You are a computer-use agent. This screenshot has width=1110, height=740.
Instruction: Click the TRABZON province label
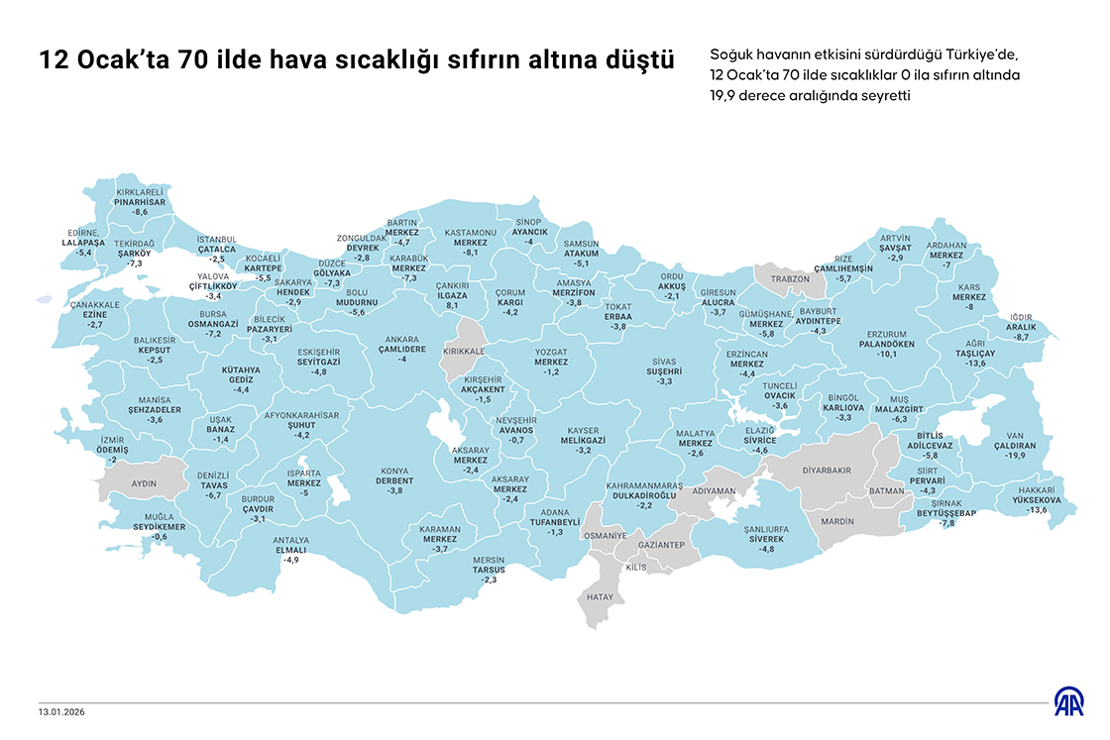(x=790, y=278)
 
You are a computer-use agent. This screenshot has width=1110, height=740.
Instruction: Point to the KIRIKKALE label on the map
(x=463, y=351)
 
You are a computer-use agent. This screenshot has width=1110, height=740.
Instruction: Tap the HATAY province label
(x=601, y=597)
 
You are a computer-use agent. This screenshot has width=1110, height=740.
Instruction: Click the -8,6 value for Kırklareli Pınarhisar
(x=140, y=212)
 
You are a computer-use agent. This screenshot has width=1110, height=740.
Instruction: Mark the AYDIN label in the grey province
(x=145, y=482)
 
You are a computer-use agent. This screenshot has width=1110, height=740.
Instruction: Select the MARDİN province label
(x=837, y=520)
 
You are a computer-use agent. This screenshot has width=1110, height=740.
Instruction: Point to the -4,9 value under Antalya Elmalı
(x=290, y=560)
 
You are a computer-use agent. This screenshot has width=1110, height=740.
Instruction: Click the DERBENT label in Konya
(x=394, y=480)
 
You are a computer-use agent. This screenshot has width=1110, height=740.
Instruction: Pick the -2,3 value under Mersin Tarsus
(x=489, y=580)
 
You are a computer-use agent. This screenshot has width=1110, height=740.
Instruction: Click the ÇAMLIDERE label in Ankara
(x=401, y=348)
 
